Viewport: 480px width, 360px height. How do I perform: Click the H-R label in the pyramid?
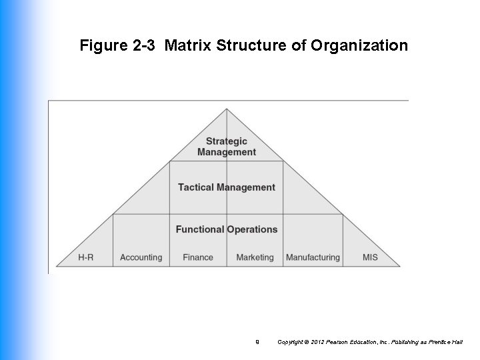pos(85,257)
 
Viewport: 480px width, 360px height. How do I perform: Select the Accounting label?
pos(141,257)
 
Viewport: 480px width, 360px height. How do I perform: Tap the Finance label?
pos(198,257)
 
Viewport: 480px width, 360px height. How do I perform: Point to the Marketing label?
pos(255,257)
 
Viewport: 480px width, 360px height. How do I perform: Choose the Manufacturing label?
pos(313,257)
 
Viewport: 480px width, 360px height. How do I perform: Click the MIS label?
pos(370,257)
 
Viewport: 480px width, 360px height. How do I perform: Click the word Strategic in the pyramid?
pos(227,141)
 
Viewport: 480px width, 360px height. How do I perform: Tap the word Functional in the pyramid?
pos(200,229)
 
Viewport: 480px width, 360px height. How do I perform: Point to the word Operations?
pos(253,229)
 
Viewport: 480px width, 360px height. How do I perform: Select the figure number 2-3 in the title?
pos(145,46)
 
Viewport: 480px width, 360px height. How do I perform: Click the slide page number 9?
pos(257,342)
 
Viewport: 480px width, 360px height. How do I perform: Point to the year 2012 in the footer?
pos(322,342)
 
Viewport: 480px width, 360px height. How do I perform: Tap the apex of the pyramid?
pos(227,109)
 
